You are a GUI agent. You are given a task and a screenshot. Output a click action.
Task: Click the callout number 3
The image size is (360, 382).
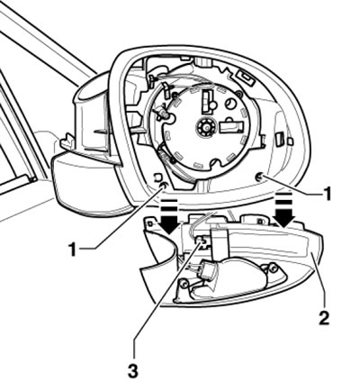133,370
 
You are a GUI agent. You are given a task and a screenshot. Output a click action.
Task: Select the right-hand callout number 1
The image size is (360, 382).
327,193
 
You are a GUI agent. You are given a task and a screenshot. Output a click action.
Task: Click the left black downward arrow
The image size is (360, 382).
169,216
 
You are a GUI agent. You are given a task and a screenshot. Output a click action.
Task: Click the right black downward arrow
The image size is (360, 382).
284,209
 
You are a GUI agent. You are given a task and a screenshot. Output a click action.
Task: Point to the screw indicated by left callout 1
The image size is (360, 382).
163,186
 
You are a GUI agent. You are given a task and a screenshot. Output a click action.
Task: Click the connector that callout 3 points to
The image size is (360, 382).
202,241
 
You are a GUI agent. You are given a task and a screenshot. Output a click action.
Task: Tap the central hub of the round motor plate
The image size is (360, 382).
207,127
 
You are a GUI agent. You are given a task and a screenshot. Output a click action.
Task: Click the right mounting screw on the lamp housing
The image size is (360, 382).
273,268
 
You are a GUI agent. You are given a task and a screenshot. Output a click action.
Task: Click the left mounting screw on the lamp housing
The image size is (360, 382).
184,283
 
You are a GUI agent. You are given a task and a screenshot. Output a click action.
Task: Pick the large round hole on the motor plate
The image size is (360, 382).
231,105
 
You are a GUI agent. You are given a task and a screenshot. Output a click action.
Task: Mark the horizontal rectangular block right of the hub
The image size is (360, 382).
231,127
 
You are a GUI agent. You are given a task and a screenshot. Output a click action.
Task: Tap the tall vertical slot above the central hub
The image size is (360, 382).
207,101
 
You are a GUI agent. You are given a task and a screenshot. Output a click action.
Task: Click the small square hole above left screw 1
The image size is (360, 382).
157,177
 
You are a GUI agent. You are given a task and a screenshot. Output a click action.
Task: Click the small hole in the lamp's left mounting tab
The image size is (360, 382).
151,224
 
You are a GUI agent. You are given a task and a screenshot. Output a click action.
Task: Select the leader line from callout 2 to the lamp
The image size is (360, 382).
319,281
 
